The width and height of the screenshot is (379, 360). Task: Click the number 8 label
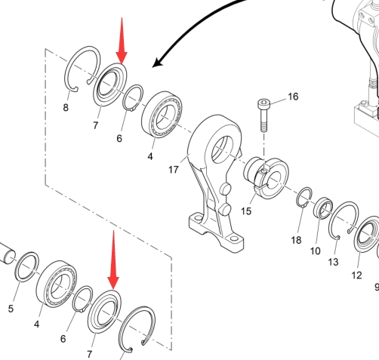(66, 108)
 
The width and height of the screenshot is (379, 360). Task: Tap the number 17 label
(173, 170)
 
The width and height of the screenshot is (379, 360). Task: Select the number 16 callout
(293, 97)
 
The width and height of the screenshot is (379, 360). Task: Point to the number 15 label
(246, 211)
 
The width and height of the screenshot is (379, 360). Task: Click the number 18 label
(296, 240)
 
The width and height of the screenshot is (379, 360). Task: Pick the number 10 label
(315, 251)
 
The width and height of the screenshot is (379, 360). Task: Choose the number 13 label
(333, 262)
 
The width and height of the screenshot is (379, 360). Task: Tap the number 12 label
(356, 275)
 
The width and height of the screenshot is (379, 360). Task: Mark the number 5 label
(11, 309)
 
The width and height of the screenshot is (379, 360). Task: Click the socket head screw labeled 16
(263, 115)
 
